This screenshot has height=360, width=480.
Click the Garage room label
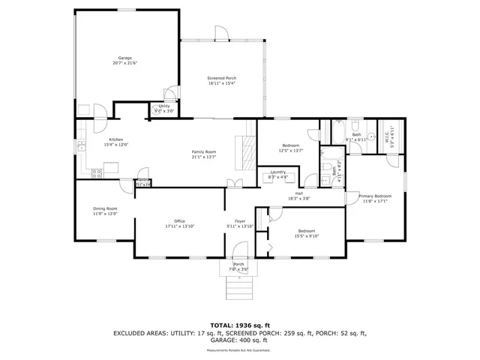(126, 57)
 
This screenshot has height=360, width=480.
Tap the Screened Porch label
(221, 78)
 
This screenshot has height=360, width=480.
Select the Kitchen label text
(115, 139)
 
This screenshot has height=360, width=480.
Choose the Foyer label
(240, 221)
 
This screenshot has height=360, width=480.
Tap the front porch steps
(238, 285)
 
